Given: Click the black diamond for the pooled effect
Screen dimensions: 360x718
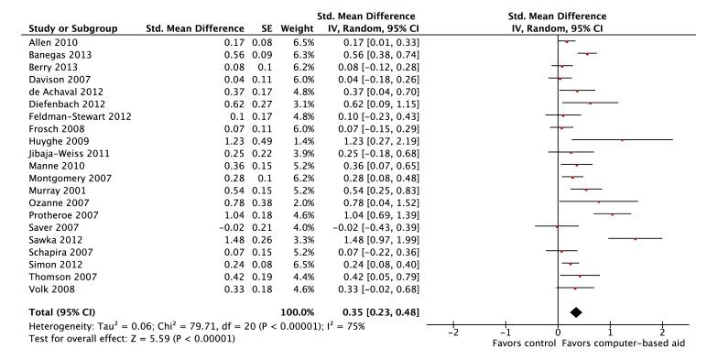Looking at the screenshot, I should coord(575,312).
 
